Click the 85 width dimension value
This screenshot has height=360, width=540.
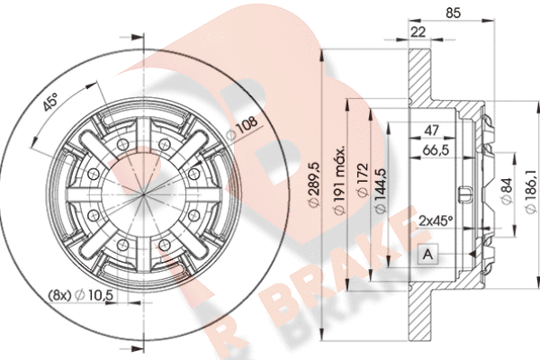453,13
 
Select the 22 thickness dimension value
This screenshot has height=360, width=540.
418,32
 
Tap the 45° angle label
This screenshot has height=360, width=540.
50,103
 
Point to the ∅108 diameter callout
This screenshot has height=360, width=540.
242,128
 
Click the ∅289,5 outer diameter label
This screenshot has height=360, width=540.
314,185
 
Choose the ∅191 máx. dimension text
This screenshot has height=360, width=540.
340,181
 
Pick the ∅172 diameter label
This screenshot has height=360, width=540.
363,180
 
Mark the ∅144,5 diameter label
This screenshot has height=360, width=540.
381,191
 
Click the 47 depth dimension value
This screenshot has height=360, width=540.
431,130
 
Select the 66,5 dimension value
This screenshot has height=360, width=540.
436,150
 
